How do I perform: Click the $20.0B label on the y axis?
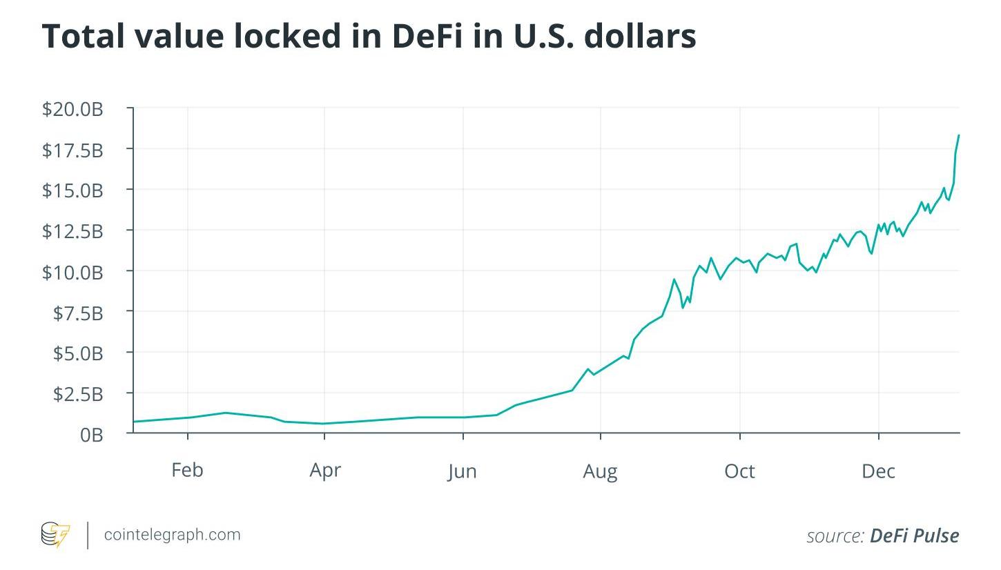click(72, 108)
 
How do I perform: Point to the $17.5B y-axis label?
click(72, 149)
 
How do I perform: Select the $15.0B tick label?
click(72, 190)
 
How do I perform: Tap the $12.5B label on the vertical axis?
click(72, 230)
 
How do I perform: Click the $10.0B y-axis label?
click(72, 272)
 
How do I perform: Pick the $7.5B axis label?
click(78, 313)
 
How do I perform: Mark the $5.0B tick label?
click(78, 353)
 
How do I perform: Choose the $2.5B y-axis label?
click(78, 394)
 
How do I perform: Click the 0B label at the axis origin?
click(91, 435)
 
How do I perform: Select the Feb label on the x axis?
click(187, 470)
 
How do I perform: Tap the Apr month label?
click(325, 470)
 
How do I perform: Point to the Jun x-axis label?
click(462, 471)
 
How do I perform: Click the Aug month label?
click(600, 471)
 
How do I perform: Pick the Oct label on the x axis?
click(739, 471)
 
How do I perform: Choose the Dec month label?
click(878, 471)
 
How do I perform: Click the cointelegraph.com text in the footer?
click(172, 535)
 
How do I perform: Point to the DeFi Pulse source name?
click(914, 535)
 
